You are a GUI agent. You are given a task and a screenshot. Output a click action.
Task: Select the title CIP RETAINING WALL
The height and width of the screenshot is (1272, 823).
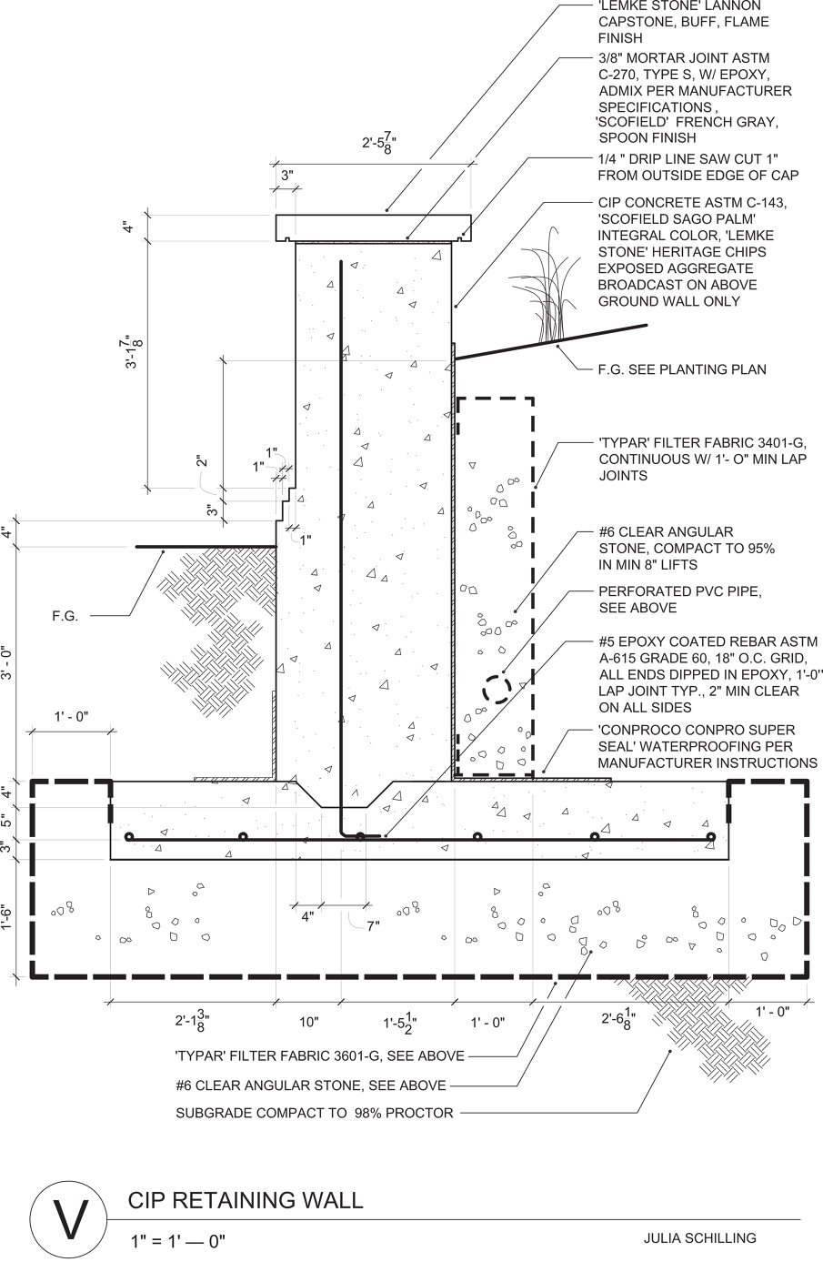[x=246, y=1200]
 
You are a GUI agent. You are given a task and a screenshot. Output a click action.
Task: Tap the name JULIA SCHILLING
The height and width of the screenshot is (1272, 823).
[x=699, y=1237]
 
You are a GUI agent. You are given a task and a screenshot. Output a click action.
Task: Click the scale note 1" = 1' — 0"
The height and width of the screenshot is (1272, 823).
[x=177, y=1240]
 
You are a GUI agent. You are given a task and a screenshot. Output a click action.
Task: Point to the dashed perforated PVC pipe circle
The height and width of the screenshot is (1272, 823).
[x=497, y=688]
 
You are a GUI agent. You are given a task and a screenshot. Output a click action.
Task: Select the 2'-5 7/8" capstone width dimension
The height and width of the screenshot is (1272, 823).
[x=378, y=143]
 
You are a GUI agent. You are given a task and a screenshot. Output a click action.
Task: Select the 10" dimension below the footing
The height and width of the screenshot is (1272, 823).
[x=309, y=1023]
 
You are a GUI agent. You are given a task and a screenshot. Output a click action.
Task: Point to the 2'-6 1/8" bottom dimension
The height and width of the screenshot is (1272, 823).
[x=617, y=1021]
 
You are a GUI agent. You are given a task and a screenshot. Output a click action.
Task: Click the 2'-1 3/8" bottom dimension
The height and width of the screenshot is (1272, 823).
[x=193, y=1021]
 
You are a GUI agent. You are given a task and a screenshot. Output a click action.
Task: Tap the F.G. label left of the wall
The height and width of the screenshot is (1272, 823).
[x=65, y=616]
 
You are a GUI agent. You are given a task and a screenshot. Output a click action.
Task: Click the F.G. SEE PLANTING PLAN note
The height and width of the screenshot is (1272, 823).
[x=681, y=369]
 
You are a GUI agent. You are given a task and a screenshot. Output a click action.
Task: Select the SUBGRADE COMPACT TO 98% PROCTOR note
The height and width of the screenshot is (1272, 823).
[x=314, y=1113]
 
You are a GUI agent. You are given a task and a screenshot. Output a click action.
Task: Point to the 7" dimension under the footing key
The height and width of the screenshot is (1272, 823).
[x=373, y=925]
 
